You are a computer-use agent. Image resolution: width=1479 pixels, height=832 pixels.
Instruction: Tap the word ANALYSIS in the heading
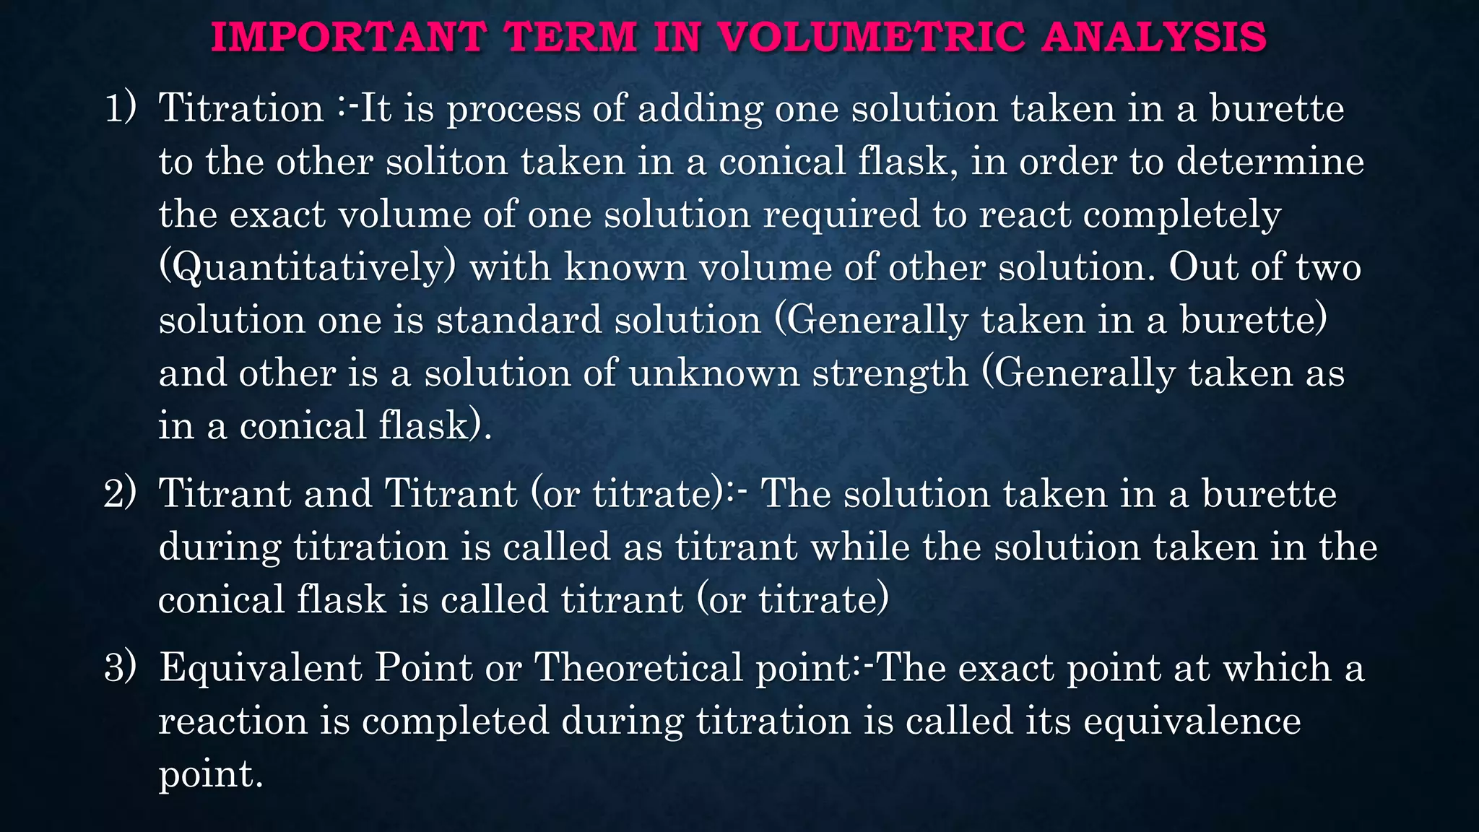1153,37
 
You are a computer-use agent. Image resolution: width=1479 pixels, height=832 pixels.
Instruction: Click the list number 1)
121,108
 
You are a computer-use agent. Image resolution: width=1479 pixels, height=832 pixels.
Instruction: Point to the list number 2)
120,494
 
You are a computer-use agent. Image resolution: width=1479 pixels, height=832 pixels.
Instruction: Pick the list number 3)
120,667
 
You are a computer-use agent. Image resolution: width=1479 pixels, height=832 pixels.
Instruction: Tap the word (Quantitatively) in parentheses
307,268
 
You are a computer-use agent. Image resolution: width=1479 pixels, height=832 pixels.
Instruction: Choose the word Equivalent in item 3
259,667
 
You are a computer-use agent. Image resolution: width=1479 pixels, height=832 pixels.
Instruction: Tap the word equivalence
1192,721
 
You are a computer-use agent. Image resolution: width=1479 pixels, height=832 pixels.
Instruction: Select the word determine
1270,161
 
